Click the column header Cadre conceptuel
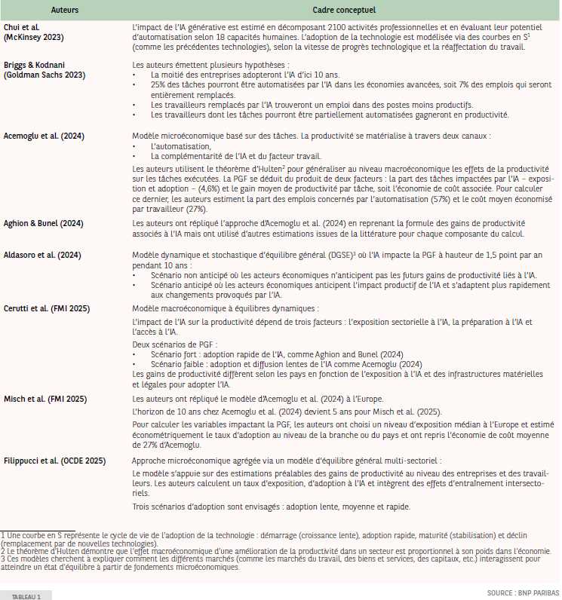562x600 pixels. [x=345, y=11]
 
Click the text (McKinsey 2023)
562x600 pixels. [x=34, y=37]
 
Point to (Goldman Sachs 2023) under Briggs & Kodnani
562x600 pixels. [x=45, y=75]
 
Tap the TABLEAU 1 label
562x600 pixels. [x=26, y=595]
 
